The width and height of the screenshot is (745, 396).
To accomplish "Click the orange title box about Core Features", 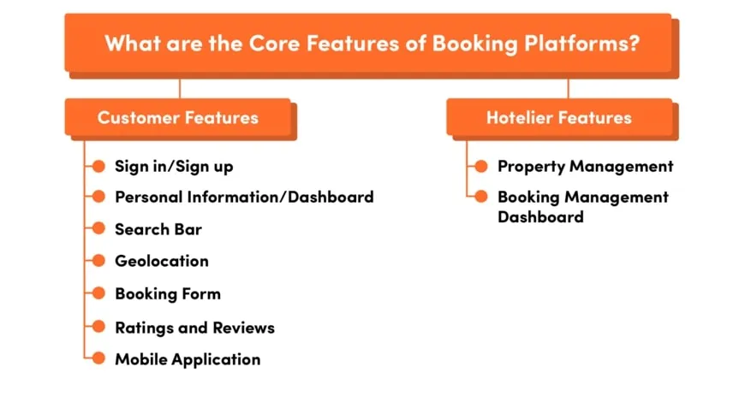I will pos(368,43).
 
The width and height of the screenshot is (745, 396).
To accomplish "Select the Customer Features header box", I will pos(178,117).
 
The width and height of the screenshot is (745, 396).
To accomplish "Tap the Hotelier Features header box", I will pos(559,117).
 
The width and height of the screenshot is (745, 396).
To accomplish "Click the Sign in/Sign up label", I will pos(174,166).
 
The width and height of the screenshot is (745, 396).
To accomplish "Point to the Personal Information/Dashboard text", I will pos(244,197).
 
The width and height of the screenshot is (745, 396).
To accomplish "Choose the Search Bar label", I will pos(158,229).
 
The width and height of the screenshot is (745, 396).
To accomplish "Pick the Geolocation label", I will pos(162,261).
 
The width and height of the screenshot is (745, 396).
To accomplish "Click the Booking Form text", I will pos(168,293).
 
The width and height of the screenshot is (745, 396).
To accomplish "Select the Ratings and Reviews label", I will pos(194,327).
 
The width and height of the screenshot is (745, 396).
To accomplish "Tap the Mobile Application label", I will pos(188,359).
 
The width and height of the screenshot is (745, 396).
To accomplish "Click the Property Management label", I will pos(586,166).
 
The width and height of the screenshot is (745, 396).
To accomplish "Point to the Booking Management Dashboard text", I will pos(582,207).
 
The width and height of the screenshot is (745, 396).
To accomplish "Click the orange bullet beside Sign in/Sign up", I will pos(98,166).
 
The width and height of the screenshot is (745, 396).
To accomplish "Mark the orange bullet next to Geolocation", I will pos(98,261).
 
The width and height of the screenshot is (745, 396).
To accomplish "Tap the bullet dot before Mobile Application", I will pos(98,359).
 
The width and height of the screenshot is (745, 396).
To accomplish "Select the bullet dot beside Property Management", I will pos(481,166).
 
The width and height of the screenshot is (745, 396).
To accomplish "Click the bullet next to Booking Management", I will pos(481,197).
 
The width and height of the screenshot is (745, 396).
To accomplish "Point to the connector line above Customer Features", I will pos(179,88).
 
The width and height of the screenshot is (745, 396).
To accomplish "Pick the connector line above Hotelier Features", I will pos(568,88).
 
